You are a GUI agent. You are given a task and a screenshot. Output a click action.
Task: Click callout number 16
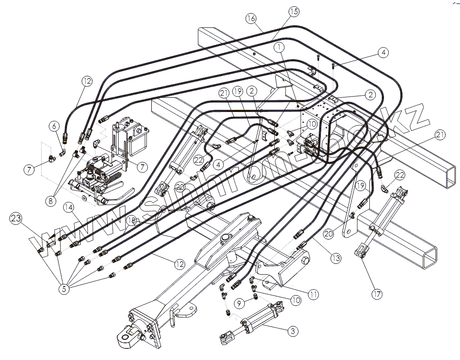251,18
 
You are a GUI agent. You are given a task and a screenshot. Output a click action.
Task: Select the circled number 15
293,11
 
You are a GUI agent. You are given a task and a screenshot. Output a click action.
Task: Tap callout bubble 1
280,46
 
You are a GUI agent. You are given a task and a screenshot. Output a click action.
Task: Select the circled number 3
292,331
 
